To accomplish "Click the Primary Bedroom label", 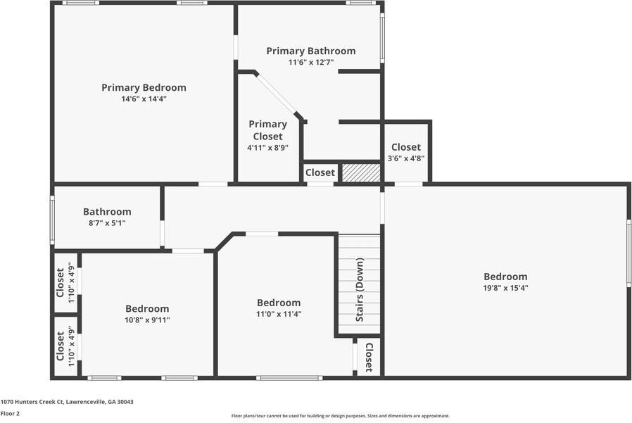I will pos(144,88).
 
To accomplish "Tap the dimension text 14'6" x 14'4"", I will pos(144,99).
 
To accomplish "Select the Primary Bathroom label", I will pos(310,51).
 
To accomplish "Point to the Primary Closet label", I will pos(267,130).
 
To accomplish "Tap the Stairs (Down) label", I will pos(360,290).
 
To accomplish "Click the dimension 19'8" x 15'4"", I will pos(505,288).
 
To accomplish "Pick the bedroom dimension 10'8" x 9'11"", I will pos(147,320).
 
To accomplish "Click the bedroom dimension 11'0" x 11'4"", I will pos(278,315).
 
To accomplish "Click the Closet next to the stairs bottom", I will pos(369,357).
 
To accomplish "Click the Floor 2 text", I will pos(11,414).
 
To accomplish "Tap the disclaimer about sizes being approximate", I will pos(341,416).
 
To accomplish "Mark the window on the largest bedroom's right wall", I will pos(628,253).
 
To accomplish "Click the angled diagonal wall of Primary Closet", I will pos(277,95).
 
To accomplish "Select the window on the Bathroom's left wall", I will pos(52,220).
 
